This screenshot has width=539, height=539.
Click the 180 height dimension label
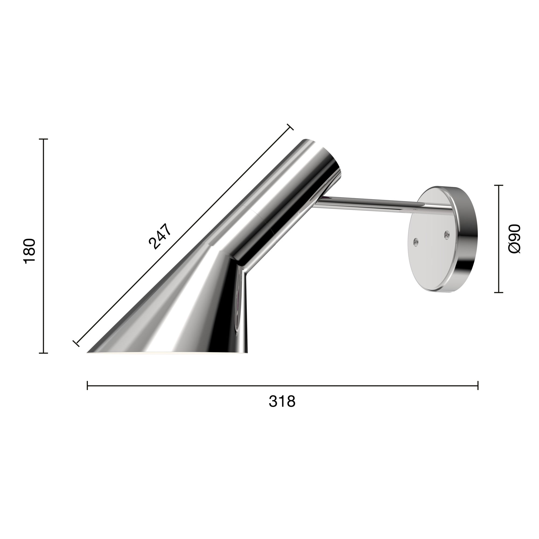pos(30,251)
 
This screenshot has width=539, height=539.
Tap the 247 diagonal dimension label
pos(159,236)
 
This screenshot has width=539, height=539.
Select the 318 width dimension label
pos(282,402)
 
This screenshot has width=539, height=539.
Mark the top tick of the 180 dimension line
pos(43,139)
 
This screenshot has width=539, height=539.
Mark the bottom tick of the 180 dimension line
pos(43,353)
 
